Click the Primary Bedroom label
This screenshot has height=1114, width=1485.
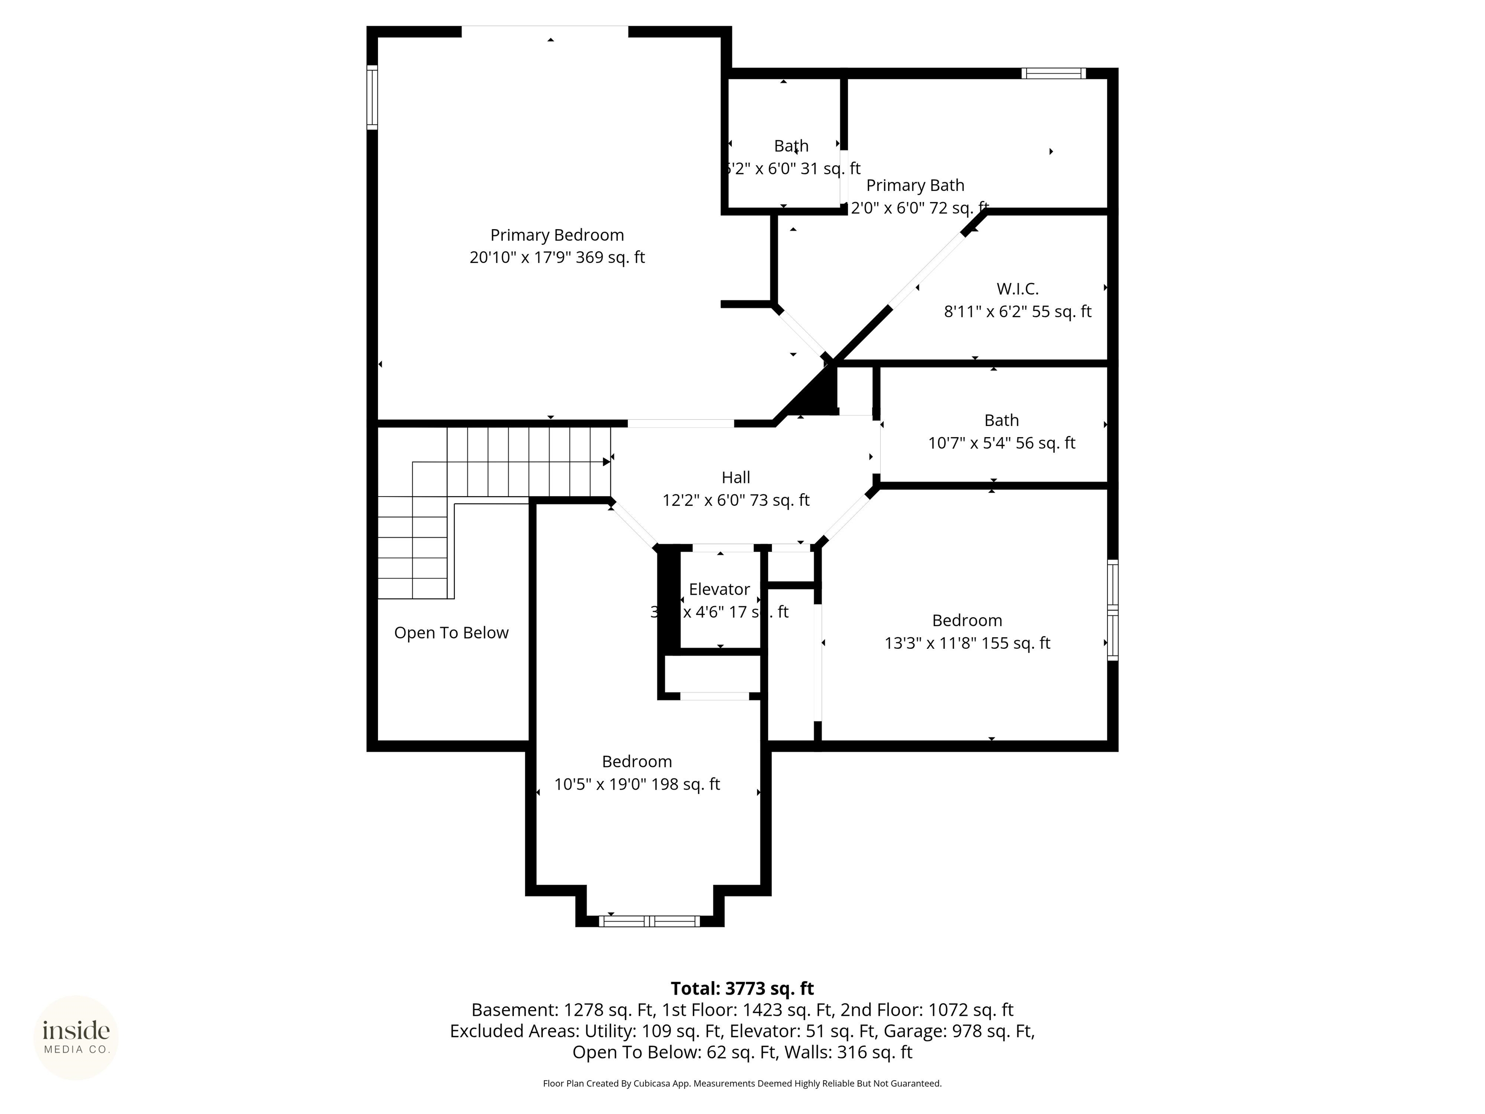(x=556, y=235)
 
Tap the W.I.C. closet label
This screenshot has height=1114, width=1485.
(x=1017, y=289)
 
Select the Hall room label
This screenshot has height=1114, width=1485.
(x=735, y=477)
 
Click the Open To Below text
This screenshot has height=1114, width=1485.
(x=451, y=632)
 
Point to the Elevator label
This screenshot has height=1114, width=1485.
(x=719, y=589)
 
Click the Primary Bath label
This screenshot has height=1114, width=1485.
(x=915, y=185)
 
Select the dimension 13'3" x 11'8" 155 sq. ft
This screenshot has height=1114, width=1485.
(x=967, y=643)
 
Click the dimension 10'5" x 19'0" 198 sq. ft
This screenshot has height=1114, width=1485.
(x=637, y=784)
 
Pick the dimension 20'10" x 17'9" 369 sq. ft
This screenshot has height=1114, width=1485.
(x=556, y=258)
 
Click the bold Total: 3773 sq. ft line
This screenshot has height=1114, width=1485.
(x=742, y=988)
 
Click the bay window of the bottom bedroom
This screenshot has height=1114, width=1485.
(x=649, y=921)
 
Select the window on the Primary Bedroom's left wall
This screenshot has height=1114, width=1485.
(x=372, y=97)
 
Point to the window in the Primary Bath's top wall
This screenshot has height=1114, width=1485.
(x=1053, y=73)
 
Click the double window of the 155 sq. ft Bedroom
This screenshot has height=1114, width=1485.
(x=1112, y=610)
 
